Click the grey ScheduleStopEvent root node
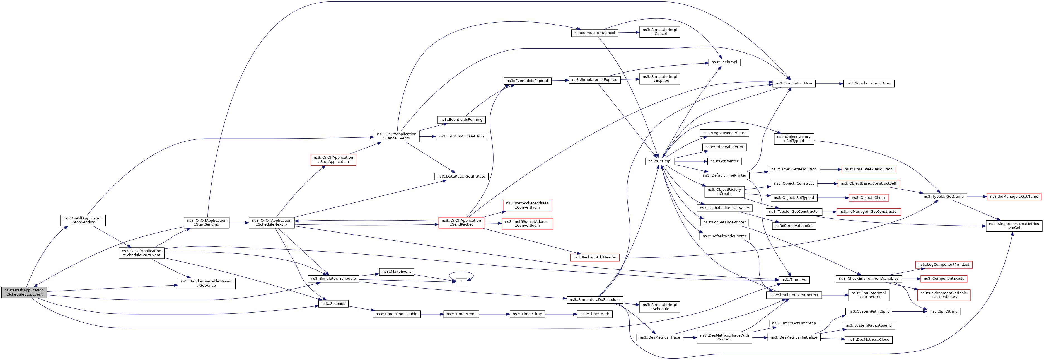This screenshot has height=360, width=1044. [24, 292]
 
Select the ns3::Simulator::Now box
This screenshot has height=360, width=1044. [794, 83]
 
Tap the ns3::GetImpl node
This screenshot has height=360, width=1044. [659, 161]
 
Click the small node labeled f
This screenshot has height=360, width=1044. [461, 282]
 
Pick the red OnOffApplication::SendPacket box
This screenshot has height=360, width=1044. [461, 223]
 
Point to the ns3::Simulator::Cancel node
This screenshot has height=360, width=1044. [594, 33]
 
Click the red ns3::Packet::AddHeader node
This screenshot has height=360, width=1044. [594, 257]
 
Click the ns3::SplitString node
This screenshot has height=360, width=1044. [944, 311]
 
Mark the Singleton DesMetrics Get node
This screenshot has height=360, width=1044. [1014, 226]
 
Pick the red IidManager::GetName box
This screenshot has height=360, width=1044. [1014, 197]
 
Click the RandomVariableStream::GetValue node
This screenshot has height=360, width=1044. [206, 283]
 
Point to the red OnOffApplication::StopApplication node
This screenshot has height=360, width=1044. [333, 160]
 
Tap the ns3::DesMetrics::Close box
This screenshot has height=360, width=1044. [868, 340]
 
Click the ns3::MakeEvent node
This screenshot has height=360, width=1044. [396, 272]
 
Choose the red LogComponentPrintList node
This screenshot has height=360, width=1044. [944, 265]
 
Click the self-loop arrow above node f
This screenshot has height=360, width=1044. [461, 273]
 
